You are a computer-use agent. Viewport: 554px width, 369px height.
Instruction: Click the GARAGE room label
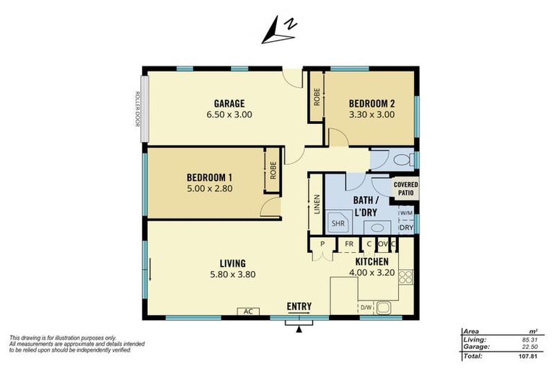(x=229, y=102)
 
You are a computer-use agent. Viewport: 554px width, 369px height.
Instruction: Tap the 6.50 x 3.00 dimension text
(x=229, y=114)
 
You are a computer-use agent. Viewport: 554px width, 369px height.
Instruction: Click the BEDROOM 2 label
(x=371, y=102)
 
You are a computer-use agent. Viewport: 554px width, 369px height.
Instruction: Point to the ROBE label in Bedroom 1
(x=273, y=170)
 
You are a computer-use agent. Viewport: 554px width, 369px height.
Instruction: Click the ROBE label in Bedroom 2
(x=317, y=97)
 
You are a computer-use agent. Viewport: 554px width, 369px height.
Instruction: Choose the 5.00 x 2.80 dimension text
(x=208, y=189)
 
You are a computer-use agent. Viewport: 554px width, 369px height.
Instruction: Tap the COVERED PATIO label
(x=406, y=188)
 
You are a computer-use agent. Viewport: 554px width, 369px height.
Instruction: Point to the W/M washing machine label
(x=405, y=213)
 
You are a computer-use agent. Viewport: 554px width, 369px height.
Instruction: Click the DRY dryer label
(x=406, y=228)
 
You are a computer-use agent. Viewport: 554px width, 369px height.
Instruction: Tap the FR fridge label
(x=348, y=244)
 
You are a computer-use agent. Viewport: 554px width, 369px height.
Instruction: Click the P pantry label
(x=322, y=244)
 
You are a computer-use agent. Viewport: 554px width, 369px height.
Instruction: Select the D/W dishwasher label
(x=367, y=308)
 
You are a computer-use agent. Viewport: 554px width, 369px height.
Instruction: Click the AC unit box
(x=248, y=311)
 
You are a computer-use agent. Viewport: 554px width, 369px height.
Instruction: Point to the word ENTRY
(x=299, y=306)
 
